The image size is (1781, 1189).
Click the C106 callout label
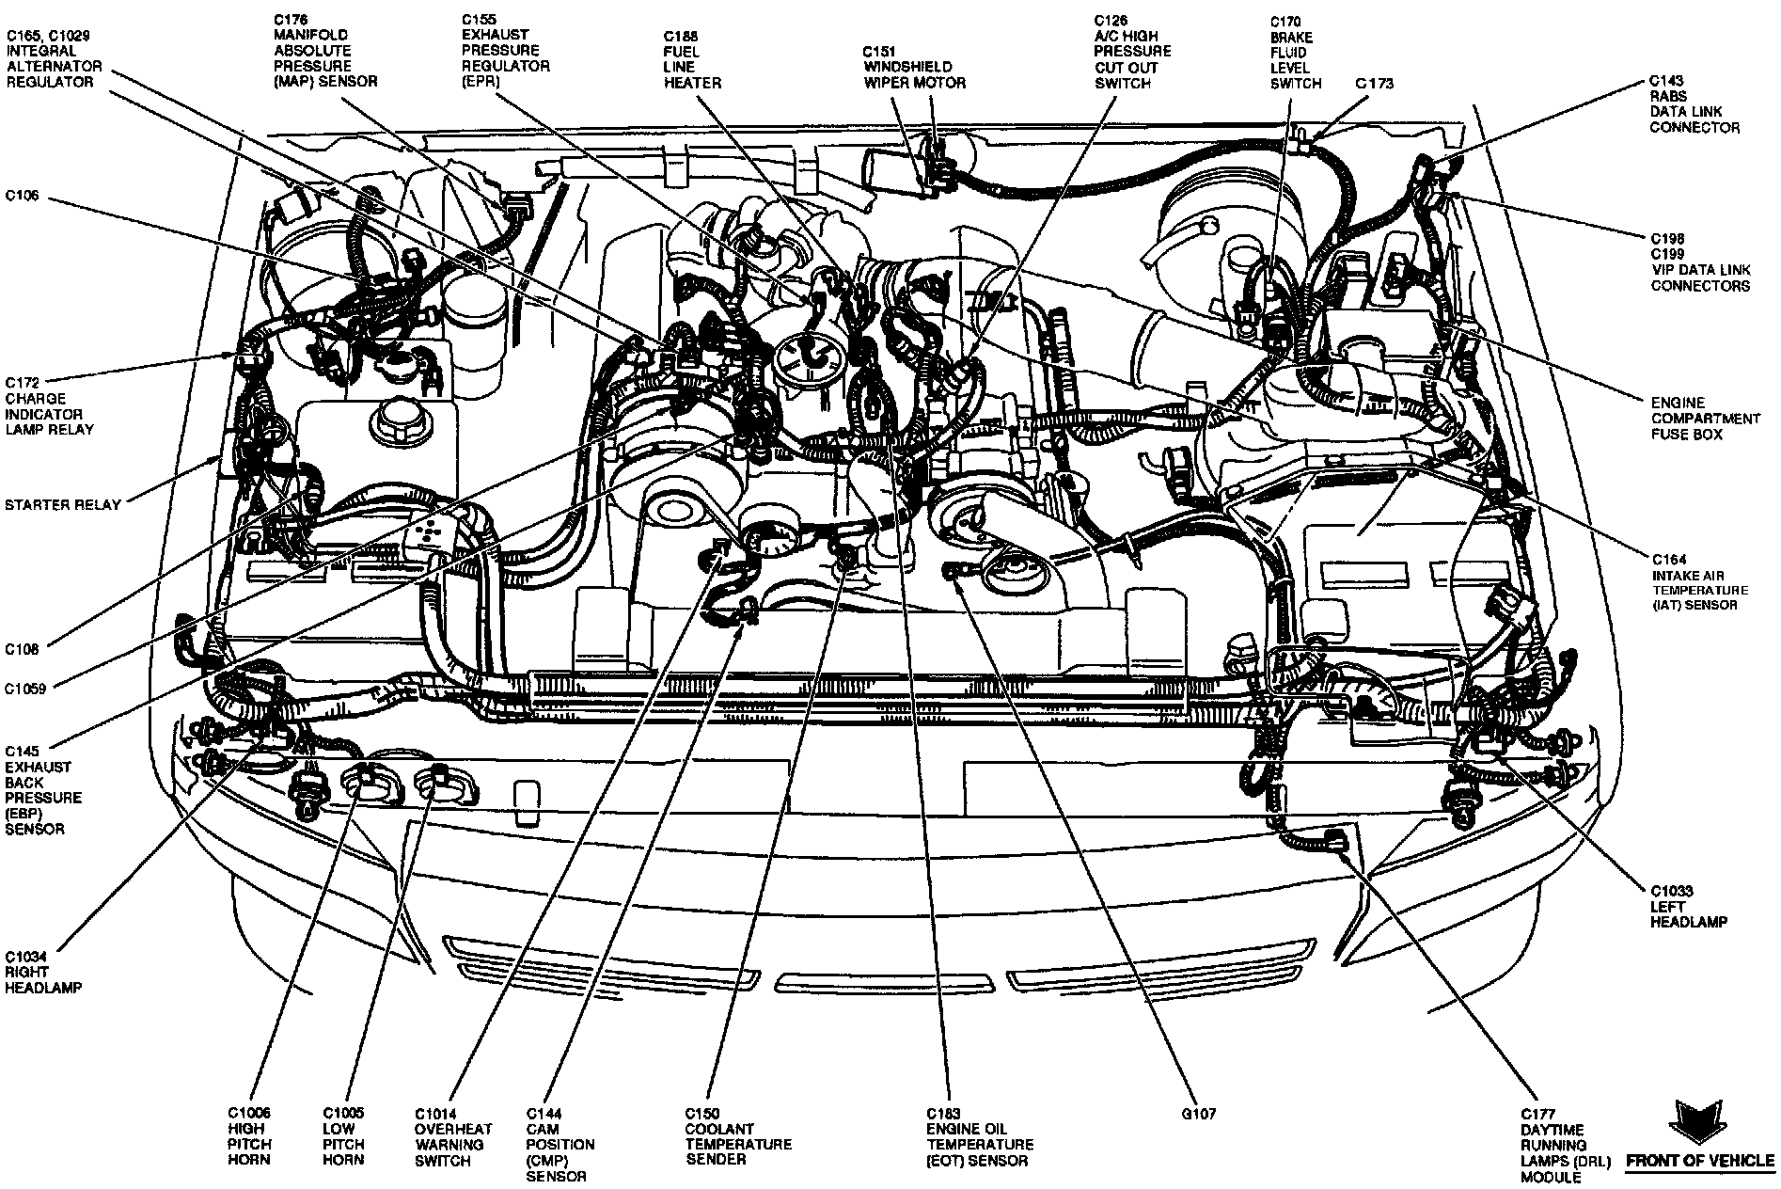(24, 197)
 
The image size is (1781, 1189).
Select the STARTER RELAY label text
(62, 505)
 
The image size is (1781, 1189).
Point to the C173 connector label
(1374, 84)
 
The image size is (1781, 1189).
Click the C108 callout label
(23, 649)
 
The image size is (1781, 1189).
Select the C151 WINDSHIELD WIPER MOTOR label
(914, 67)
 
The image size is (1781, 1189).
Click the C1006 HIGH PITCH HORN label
(249, 1136)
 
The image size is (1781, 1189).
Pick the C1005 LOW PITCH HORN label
(343, 1136)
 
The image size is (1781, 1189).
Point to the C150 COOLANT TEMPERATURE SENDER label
(738, 1136)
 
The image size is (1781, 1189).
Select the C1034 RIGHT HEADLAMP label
(42, 973)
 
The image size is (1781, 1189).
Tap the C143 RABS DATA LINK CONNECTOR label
(1694, 103)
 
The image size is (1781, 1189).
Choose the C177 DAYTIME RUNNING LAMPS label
(1556, 1144)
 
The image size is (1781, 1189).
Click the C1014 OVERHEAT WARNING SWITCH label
(452, 1136)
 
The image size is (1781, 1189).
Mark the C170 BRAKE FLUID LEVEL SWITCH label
(1295, 53)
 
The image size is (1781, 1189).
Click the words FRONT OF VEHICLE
(1700, 1161)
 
